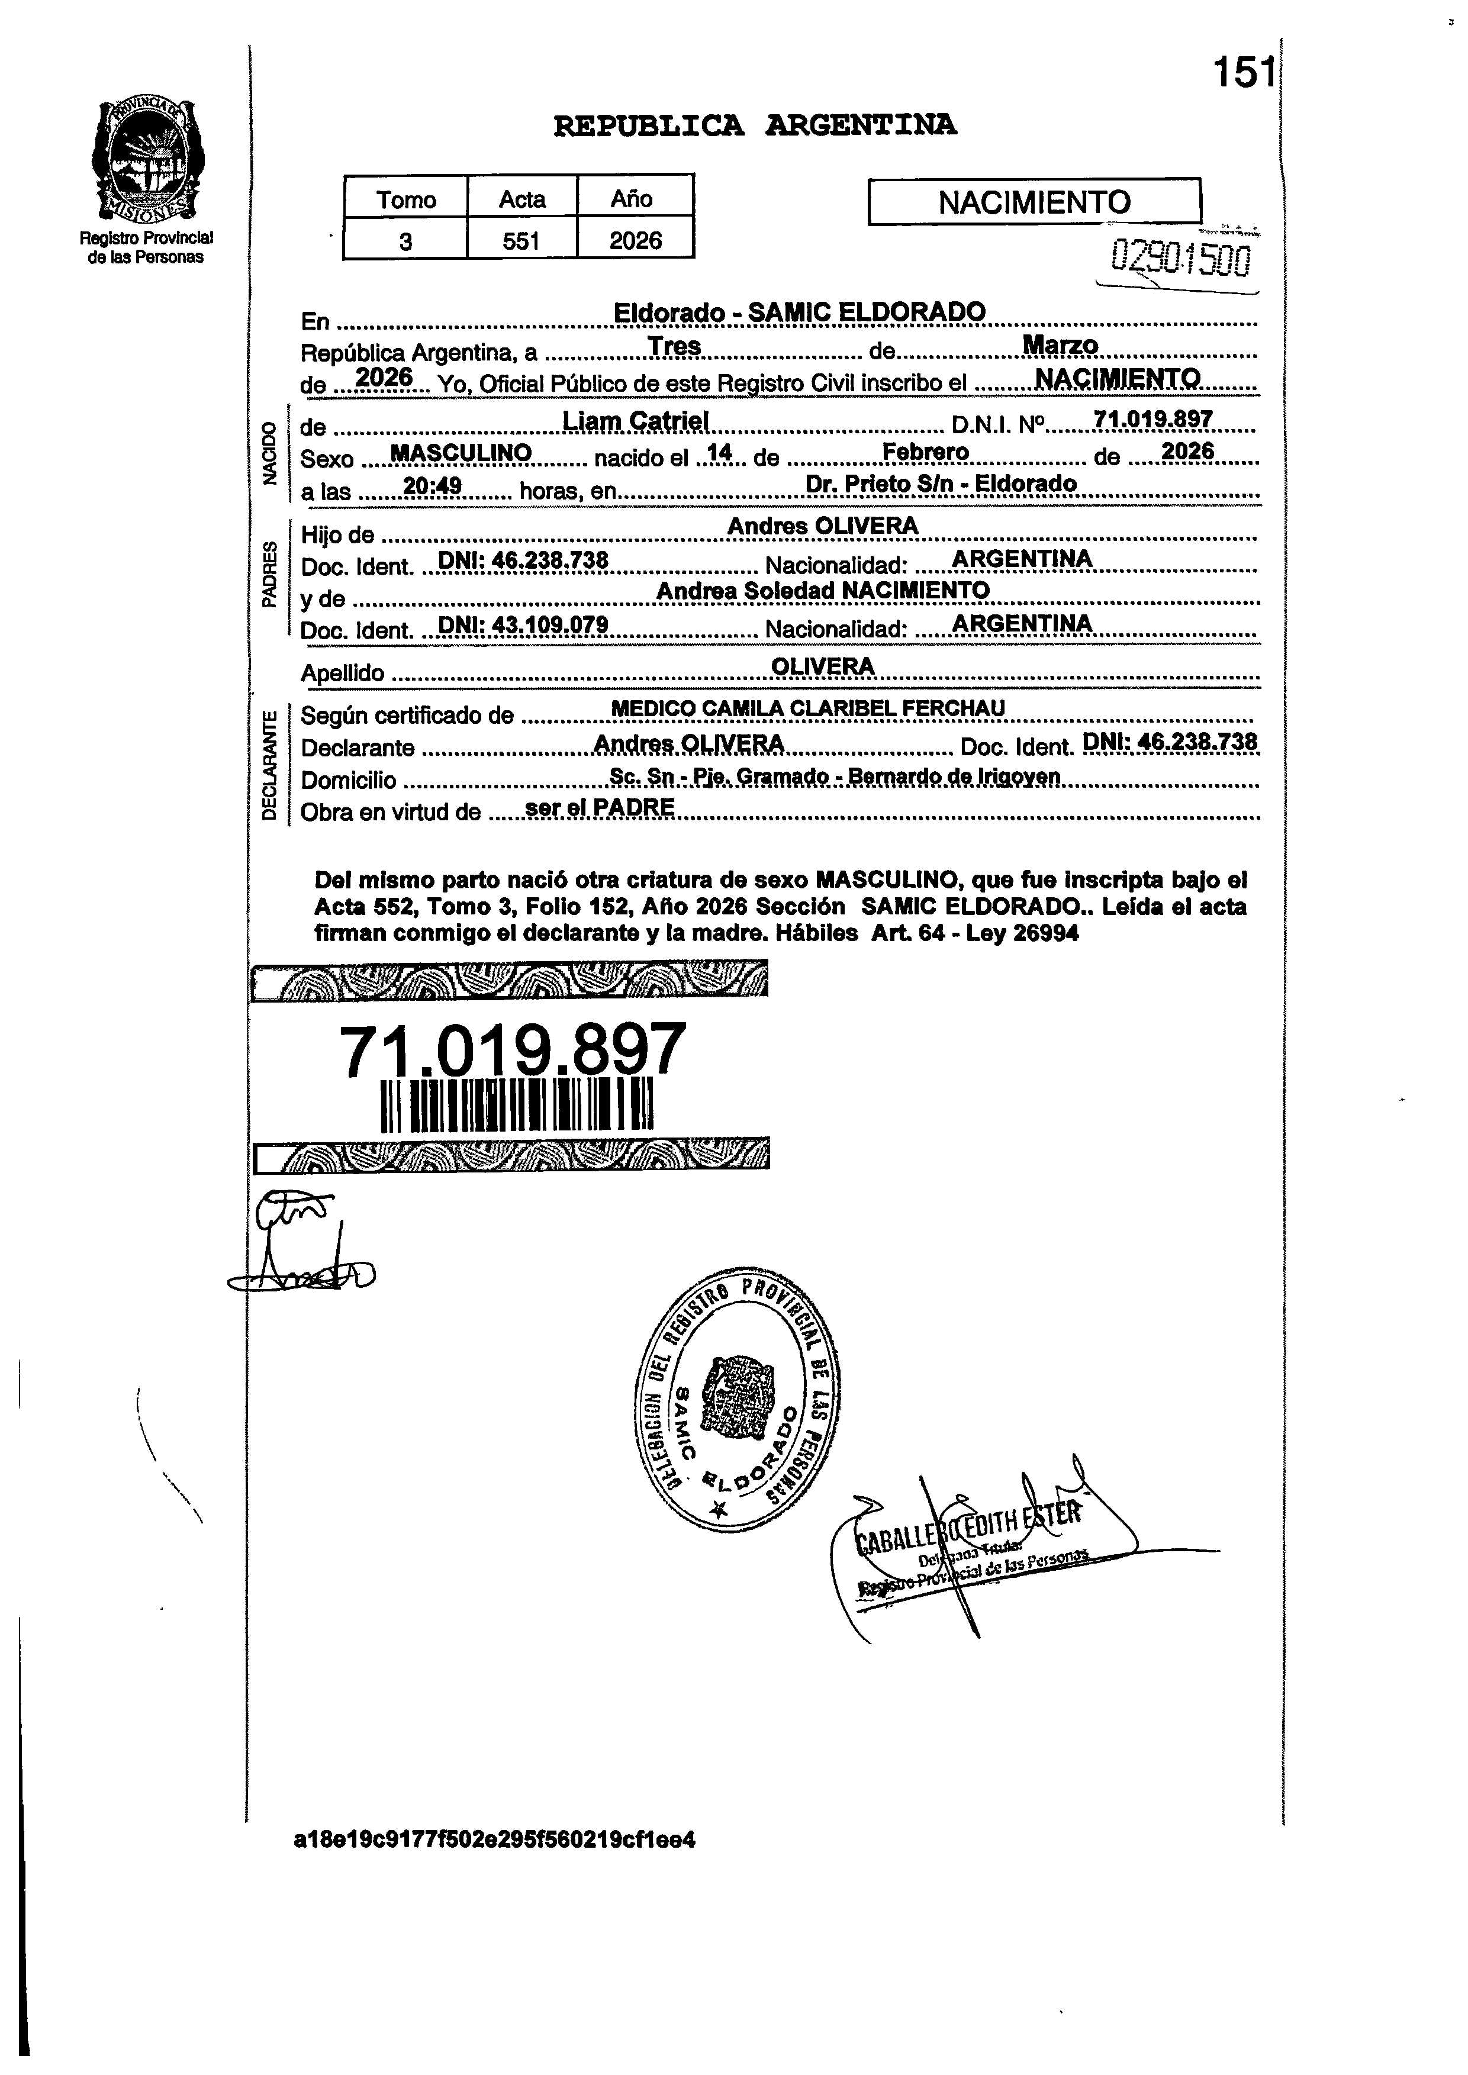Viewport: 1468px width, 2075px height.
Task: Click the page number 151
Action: point(1243,72)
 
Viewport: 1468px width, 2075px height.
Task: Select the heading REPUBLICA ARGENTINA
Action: point(755,125)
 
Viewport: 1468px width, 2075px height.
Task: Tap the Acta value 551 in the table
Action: point(521,240)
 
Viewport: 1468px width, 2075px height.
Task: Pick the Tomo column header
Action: point(406,199)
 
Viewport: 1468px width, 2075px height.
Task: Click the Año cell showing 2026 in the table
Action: point(635,240)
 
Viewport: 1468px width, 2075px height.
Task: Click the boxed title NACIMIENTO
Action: point(1034,202)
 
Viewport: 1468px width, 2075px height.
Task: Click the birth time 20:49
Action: point(432,486)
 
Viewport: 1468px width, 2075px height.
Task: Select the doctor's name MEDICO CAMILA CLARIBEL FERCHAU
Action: point(808,708)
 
